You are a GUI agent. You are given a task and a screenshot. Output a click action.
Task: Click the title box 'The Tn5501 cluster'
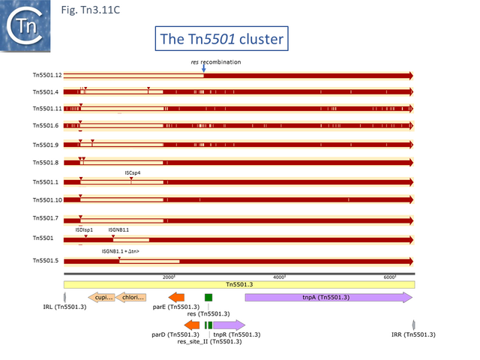click(220, 38)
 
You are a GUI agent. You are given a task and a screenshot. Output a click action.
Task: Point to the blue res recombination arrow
click(203, 68)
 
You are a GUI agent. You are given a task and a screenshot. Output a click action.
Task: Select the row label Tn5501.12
click(46, 76)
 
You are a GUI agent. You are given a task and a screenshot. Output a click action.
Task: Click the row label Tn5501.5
click(46, 261)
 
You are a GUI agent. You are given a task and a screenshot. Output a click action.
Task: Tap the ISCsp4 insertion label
click(133, 172)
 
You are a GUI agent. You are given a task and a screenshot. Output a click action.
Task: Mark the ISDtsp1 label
click(84, 229)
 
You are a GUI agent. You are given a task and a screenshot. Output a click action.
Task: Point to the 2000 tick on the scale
click(169, 277)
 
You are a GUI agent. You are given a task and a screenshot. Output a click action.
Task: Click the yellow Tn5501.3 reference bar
click(239, 285)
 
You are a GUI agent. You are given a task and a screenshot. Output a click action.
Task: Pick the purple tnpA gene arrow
click(328, 298)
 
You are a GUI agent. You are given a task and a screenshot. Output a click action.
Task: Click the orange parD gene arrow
click(192, 325)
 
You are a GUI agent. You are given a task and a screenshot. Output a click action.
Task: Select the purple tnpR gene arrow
click(229, 325)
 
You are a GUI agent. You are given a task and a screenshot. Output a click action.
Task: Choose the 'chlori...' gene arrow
click(133, 298)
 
